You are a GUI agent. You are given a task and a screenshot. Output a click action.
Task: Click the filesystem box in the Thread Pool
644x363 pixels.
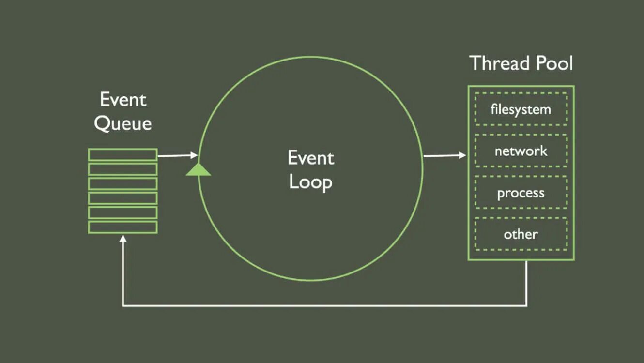[521, 109]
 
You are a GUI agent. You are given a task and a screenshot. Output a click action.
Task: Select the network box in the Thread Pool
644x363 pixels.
[521, 151]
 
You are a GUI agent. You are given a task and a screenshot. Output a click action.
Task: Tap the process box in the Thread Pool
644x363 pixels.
[521, 193]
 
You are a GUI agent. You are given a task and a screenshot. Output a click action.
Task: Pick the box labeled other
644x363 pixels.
[521, 234]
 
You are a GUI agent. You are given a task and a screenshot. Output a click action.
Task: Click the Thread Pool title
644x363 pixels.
[521, 63]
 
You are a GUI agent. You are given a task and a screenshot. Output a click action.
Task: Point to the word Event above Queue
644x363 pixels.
[123, 100]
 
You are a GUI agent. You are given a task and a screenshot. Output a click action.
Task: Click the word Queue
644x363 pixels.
[123, 124]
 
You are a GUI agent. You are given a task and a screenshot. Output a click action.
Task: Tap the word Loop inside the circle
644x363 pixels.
[310, 182]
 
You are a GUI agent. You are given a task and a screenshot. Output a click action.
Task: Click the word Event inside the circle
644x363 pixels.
[311, 158]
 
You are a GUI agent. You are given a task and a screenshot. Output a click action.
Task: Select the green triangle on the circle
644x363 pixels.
[198, 169]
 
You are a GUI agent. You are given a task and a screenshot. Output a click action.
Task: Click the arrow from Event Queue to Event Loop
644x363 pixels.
[177, 155]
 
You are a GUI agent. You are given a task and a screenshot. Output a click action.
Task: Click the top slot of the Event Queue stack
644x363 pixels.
[123, 154]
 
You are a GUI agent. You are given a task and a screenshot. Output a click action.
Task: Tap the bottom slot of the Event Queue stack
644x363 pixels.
[123, 227]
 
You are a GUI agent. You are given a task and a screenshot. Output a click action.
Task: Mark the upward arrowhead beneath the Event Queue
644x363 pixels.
[123, 239]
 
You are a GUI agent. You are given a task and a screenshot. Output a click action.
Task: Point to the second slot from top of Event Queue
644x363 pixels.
[123, 169]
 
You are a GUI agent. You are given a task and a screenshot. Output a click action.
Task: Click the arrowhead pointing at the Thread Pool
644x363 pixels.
[462, 155]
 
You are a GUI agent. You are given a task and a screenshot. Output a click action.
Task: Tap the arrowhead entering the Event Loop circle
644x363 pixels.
[194, 155]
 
